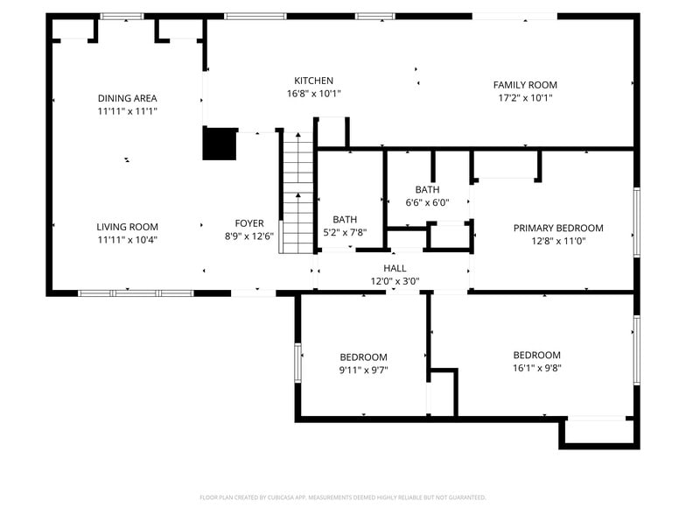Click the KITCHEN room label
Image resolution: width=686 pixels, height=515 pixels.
point(313,81)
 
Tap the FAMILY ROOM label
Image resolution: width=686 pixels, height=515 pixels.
point(525,85)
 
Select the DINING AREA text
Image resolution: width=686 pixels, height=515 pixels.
point(128,98)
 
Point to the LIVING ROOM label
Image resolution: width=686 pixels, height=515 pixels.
point(128,227)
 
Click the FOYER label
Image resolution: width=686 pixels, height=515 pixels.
point(249,223)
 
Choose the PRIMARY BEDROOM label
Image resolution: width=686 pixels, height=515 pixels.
point(558,228)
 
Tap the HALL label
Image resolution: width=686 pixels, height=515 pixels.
point(395,268)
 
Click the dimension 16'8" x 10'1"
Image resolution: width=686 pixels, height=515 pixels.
point(313,93)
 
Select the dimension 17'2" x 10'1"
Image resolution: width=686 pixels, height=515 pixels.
point(525,97)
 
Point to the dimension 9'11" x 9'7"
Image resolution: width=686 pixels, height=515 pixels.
point(364,370)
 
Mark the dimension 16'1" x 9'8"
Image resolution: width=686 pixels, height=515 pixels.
point(536,368)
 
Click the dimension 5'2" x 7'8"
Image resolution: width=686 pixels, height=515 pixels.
point(345,232)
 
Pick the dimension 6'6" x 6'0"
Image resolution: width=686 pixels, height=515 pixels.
point(427,202)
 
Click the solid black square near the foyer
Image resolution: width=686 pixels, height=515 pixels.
point(220,144)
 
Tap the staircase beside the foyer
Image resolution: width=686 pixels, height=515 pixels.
point(297,192)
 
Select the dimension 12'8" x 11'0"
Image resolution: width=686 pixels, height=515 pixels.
point(558,241)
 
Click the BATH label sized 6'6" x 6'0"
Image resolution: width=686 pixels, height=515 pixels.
point(427,189)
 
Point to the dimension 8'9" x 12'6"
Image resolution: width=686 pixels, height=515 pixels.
point(249,236)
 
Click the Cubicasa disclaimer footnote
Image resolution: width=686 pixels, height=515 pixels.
point(343,497)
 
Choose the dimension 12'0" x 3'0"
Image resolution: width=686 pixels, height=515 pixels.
point(395,281)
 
